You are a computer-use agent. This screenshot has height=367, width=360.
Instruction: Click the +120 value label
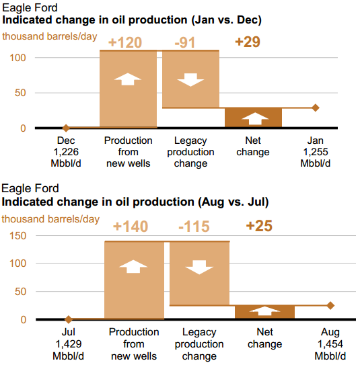tap(125, 42)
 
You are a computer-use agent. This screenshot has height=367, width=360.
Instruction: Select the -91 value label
tap(185, 42)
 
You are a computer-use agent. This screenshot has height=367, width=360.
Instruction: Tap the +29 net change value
tap(248, 42)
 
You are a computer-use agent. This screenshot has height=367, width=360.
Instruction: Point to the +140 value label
tap(131, 227)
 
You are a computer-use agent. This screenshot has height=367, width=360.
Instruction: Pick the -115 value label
tap(194, 227)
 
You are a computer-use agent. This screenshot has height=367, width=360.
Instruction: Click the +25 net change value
tap(259, 226)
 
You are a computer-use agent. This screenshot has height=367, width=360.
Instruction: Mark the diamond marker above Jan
tap(316, 108)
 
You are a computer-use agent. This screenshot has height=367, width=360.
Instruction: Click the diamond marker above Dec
tap(66, 128)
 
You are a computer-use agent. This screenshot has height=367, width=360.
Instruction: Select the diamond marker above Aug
tap(330, 305)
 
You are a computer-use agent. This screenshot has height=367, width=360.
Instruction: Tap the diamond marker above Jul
tap(69, 319)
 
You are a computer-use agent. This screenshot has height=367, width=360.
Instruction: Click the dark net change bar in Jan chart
tap(254, 118)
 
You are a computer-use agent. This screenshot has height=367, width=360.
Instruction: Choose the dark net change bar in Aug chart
tap(265, 312)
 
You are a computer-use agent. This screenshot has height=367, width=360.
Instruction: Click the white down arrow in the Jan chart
tap(190, 80)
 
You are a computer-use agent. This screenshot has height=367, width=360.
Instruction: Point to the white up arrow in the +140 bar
tap(133, 266)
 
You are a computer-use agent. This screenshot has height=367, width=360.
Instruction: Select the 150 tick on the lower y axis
tap(17, 236)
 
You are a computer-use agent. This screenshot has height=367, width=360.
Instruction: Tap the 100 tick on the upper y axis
tap(17, 58)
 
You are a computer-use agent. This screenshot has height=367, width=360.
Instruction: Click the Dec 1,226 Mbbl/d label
tap(66, 152)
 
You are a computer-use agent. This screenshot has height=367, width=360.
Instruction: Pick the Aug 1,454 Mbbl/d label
tap(330, 344)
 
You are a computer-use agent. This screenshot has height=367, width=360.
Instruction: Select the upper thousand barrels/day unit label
tap(50, 37)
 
